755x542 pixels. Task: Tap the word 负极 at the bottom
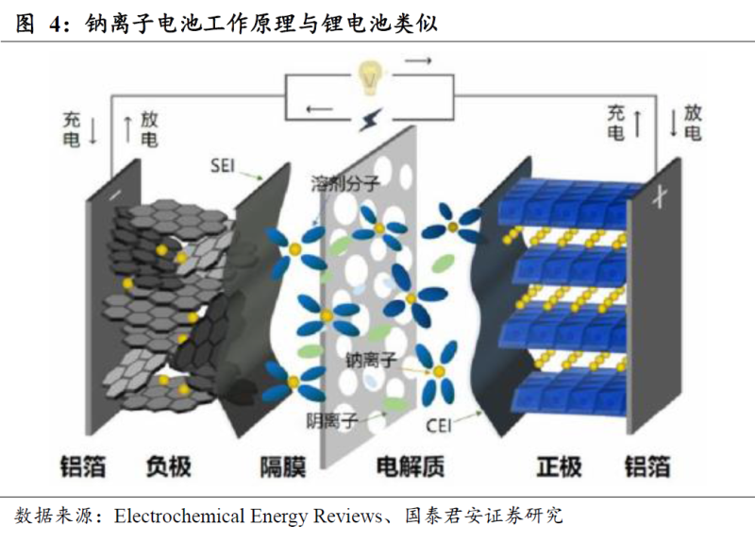coord(168,466)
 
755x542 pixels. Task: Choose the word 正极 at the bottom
coord(559,466)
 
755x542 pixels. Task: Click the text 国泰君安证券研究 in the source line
coord(484,516)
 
